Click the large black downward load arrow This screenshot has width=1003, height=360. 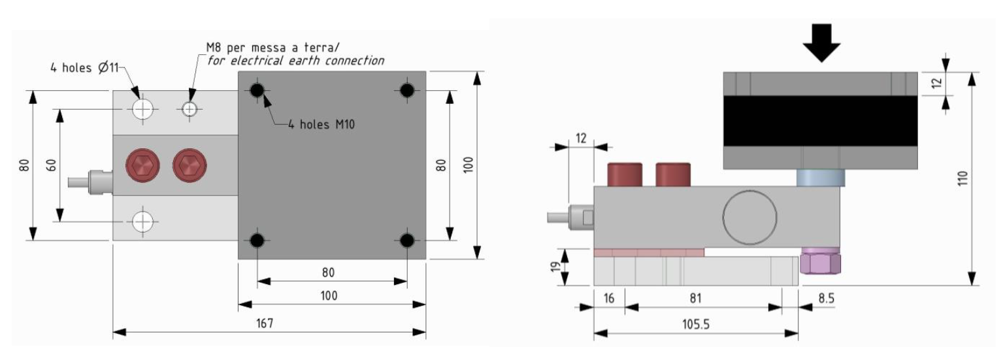(821, 43)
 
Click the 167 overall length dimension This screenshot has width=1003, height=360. (265, 323)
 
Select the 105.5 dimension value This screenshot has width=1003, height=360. (695, 324)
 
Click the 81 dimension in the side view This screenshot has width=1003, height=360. (695, 298)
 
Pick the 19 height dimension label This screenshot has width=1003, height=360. (555, 267)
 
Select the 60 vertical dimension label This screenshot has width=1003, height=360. (52, 165)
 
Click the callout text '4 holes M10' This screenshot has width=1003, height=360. (321, 125)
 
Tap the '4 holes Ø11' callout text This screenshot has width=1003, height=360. (85, 67)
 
